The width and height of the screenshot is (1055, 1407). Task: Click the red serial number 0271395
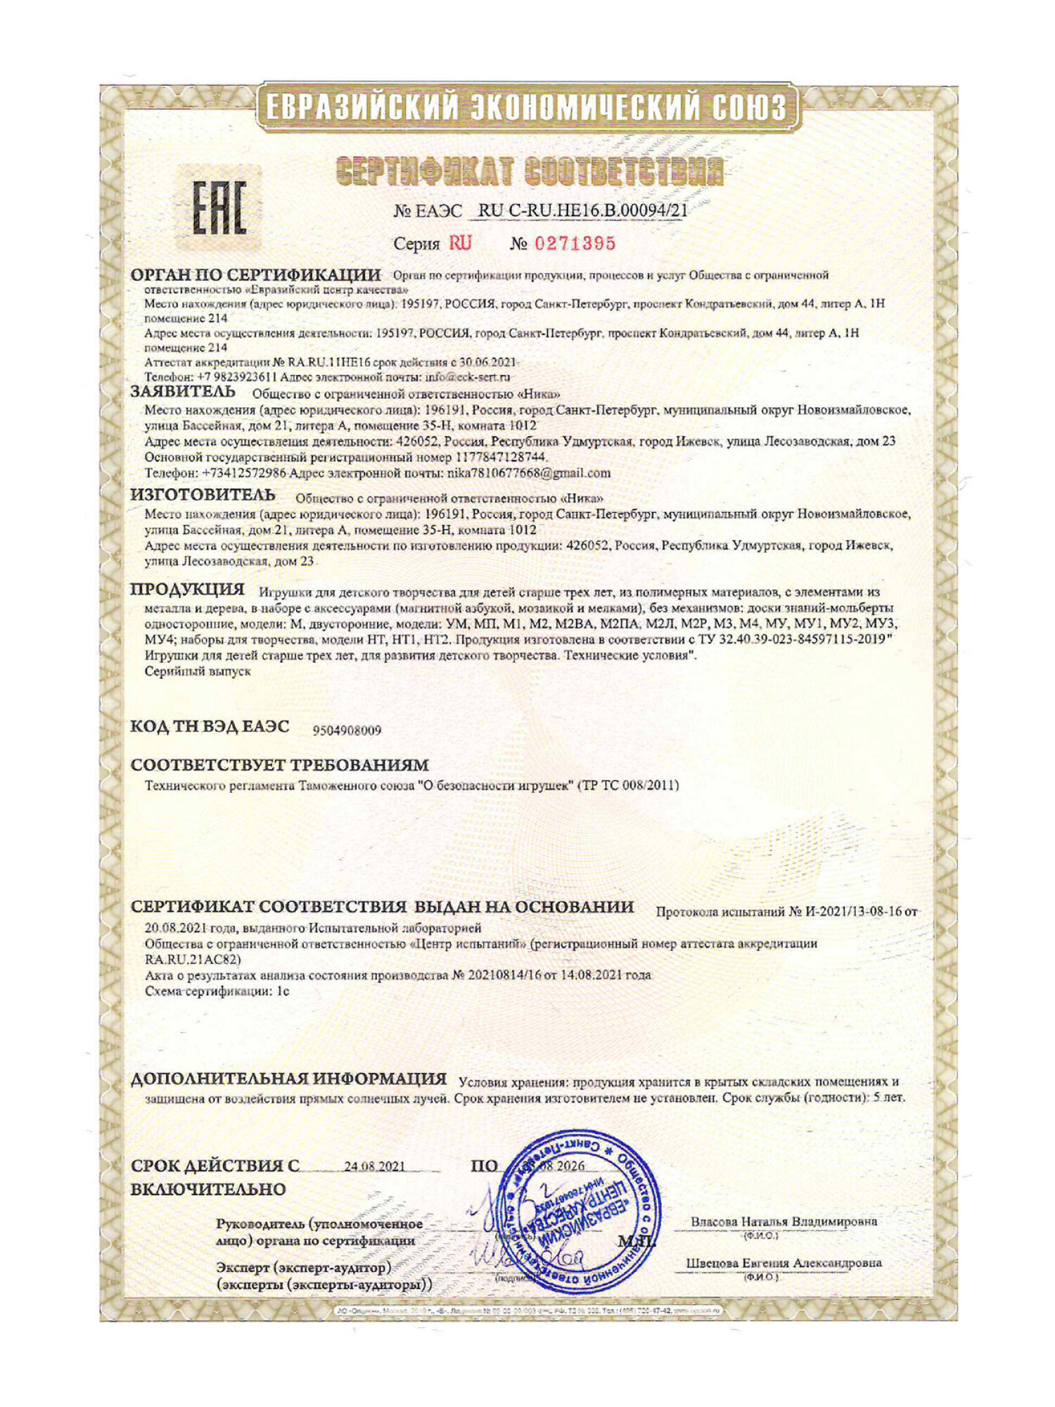point(575,243)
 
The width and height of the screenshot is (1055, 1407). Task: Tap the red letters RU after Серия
point(461,243)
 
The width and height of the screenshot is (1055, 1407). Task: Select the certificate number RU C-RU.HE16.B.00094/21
point(582,210)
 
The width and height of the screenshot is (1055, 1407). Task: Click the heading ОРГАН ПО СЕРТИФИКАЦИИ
point(256,274)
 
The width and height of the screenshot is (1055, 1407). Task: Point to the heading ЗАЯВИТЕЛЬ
point(183,391)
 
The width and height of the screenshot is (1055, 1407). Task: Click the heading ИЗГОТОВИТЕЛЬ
point(203,495)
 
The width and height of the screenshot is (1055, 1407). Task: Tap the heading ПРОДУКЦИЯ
point(188,589)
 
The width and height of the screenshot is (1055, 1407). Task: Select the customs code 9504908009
point(347,730)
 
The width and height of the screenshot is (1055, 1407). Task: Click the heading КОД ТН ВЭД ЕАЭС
point(210,727)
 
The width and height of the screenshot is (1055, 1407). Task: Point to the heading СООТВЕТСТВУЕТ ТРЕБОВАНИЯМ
point(279,765)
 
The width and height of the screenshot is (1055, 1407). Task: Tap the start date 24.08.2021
point(374,1166)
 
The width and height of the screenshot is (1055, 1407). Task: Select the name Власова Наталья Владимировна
point(784,1221)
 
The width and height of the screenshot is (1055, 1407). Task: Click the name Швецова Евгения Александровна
point(784,1263)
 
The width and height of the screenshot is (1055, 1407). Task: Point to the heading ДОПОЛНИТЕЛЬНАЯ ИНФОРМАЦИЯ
point(288,1078)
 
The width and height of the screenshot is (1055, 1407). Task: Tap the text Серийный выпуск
point(198,671)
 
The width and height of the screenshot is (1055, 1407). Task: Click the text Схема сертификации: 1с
point(217,991)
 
